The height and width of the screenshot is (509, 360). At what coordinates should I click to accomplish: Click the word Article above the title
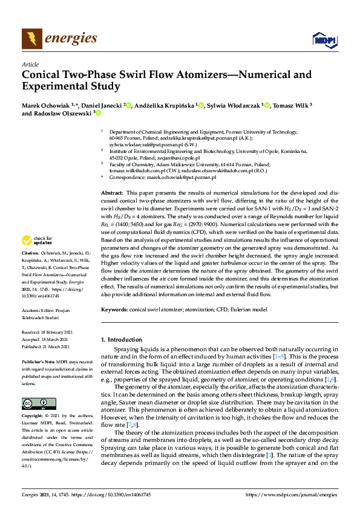(30, 64)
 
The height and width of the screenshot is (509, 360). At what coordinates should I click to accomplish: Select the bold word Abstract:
(113, 192)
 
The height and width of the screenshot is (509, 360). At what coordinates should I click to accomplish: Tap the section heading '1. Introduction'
(121, 340)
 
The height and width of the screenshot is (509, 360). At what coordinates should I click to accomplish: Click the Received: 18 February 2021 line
(48, 332)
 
